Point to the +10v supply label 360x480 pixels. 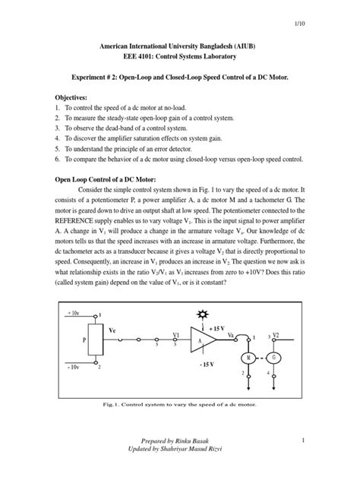(x=72, y=312)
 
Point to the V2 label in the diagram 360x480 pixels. (x=276, y=335)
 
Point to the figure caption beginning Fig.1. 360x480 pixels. (x=180, y=405)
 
